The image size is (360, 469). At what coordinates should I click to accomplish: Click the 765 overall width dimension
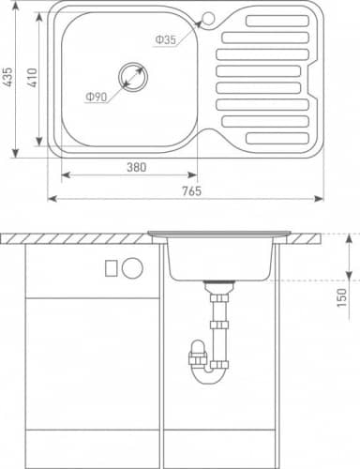[192, 190]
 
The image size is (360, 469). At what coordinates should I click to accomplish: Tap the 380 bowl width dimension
[137, 167]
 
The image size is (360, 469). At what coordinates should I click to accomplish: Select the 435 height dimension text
[7, 77]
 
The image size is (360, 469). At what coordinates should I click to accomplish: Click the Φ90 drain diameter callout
[97, 97]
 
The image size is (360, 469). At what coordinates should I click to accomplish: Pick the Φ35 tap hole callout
[166, 39]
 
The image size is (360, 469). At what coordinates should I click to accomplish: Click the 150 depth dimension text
[341, 297]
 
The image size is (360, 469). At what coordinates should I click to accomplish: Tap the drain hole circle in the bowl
[133, 77]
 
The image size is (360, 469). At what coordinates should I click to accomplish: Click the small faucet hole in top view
[208, 17]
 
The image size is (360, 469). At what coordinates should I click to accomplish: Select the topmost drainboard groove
[277, 21]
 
